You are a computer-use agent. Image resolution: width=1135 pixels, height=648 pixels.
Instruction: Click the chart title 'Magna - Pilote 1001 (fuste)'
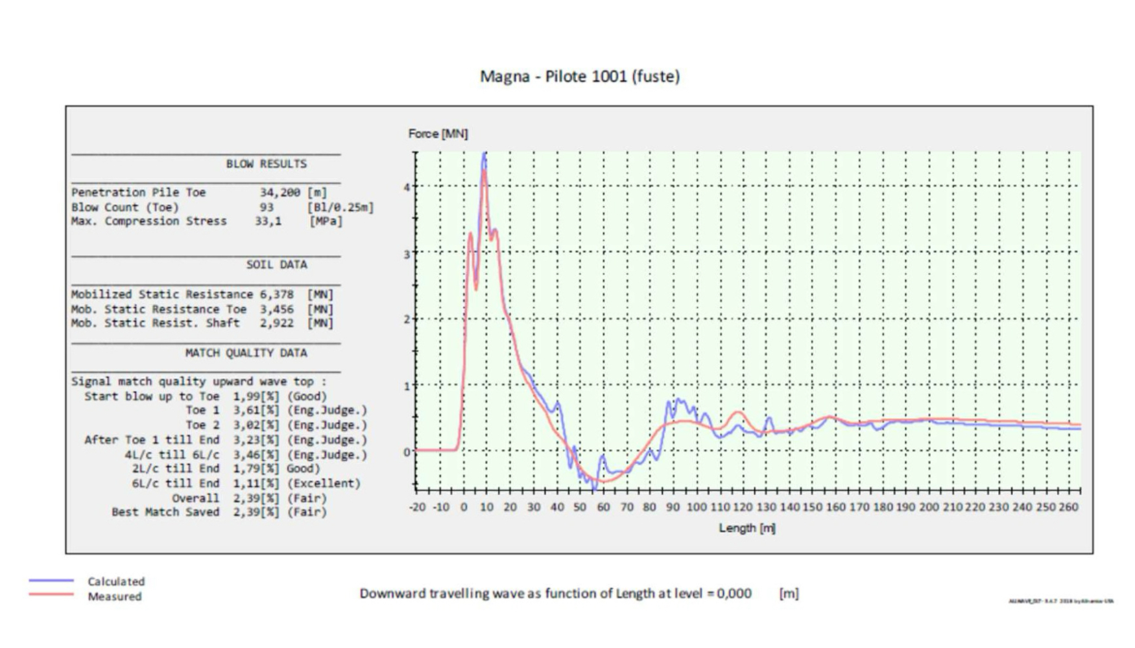point(579,76)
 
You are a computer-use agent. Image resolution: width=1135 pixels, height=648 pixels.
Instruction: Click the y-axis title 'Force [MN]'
point(438,133)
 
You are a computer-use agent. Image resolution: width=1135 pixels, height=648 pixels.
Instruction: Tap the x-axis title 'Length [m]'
point(747,528)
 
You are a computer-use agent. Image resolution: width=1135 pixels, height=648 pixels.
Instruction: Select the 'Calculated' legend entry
point(116,581)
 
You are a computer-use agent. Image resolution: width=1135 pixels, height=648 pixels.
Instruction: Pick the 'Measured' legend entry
point(115,596)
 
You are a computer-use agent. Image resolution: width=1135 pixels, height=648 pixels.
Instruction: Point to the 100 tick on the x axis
point(697,507)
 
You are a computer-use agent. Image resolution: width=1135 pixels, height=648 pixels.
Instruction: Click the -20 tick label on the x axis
point(418,507)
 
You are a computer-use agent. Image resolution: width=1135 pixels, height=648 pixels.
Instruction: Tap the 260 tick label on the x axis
point(1068,507)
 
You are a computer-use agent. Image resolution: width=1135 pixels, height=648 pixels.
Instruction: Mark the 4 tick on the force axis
point(407,187)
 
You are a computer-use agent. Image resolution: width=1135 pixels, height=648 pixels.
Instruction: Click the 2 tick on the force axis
point(407,319)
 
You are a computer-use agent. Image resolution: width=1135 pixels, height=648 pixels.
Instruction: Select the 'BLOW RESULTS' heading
point(266,164)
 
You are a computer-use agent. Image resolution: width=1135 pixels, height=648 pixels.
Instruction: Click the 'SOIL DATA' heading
point(276,264)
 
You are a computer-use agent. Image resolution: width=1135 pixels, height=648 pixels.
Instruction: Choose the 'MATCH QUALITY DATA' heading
point(246,353)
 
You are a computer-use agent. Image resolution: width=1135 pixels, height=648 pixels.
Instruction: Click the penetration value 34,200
point(280,192)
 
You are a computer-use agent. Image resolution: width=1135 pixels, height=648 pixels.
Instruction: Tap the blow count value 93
point(267,207)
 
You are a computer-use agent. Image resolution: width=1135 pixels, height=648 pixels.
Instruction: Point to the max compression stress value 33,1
point(268,222)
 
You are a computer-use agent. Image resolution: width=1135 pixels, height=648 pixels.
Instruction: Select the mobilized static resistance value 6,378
point(277,294)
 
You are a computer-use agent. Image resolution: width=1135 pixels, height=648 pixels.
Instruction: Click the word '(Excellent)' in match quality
point(324,483)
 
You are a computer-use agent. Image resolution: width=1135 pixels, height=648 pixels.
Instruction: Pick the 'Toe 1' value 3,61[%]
point(256,410)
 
